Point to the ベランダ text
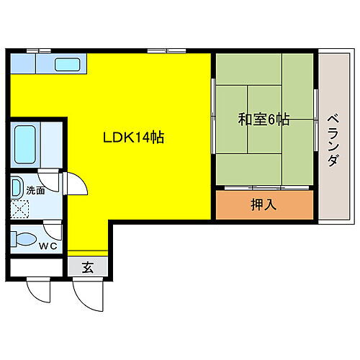(x=332, y=140)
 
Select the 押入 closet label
(x=263, y=205)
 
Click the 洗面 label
(x=35, y=191)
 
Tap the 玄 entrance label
(x=87, y=269)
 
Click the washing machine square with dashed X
(x=20, y=210)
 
